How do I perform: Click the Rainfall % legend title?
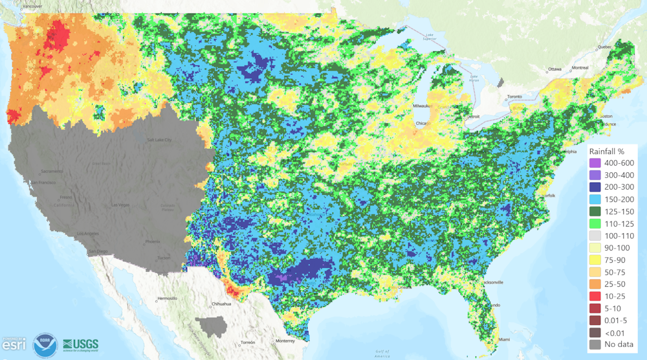click(x=610, y=151)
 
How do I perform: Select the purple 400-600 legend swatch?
click(x=595, y=163)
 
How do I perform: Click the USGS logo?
click(x=80, y=344)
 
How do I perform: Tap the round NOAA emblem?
click(x=44, y=344)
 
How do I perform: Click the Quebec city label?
click(x=604, y=47)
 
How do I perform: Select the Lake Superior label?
click(x=430, y=36)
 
